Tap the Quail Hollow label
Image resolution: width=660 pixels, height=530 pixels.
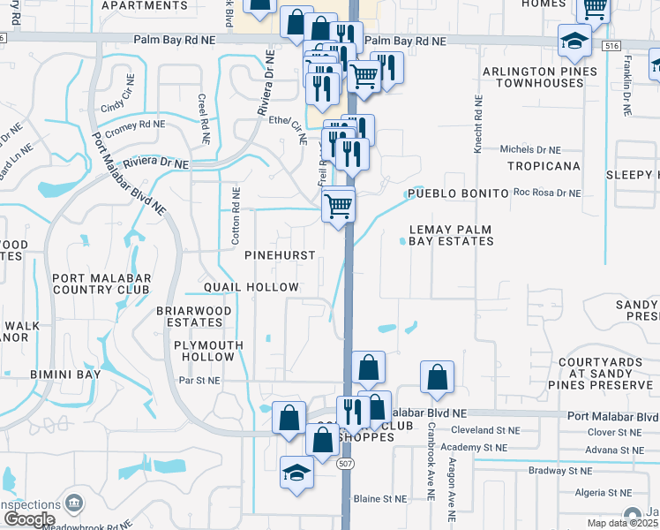click(x=251, y=287)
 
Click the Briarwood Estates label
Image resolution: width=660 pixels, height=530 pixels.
click(x=193, y=317)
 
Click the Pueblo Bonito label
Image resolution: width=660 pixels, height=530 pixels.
click(x=457, y=193)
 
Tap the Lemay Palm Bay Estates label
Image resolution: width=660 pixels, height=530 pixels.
click(x=451, y=235)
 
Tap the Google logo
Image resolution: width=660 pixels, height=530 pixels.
click(x=29, y=519)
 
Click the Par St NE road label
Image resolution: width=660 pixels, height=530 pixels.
click(x=199, y=381)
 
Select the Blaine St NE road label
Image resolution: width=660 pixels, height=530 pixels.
click(x=380, y=498)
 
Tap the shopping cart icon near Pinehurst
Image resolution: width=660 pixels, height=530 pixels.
click(x=339, y=206)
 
